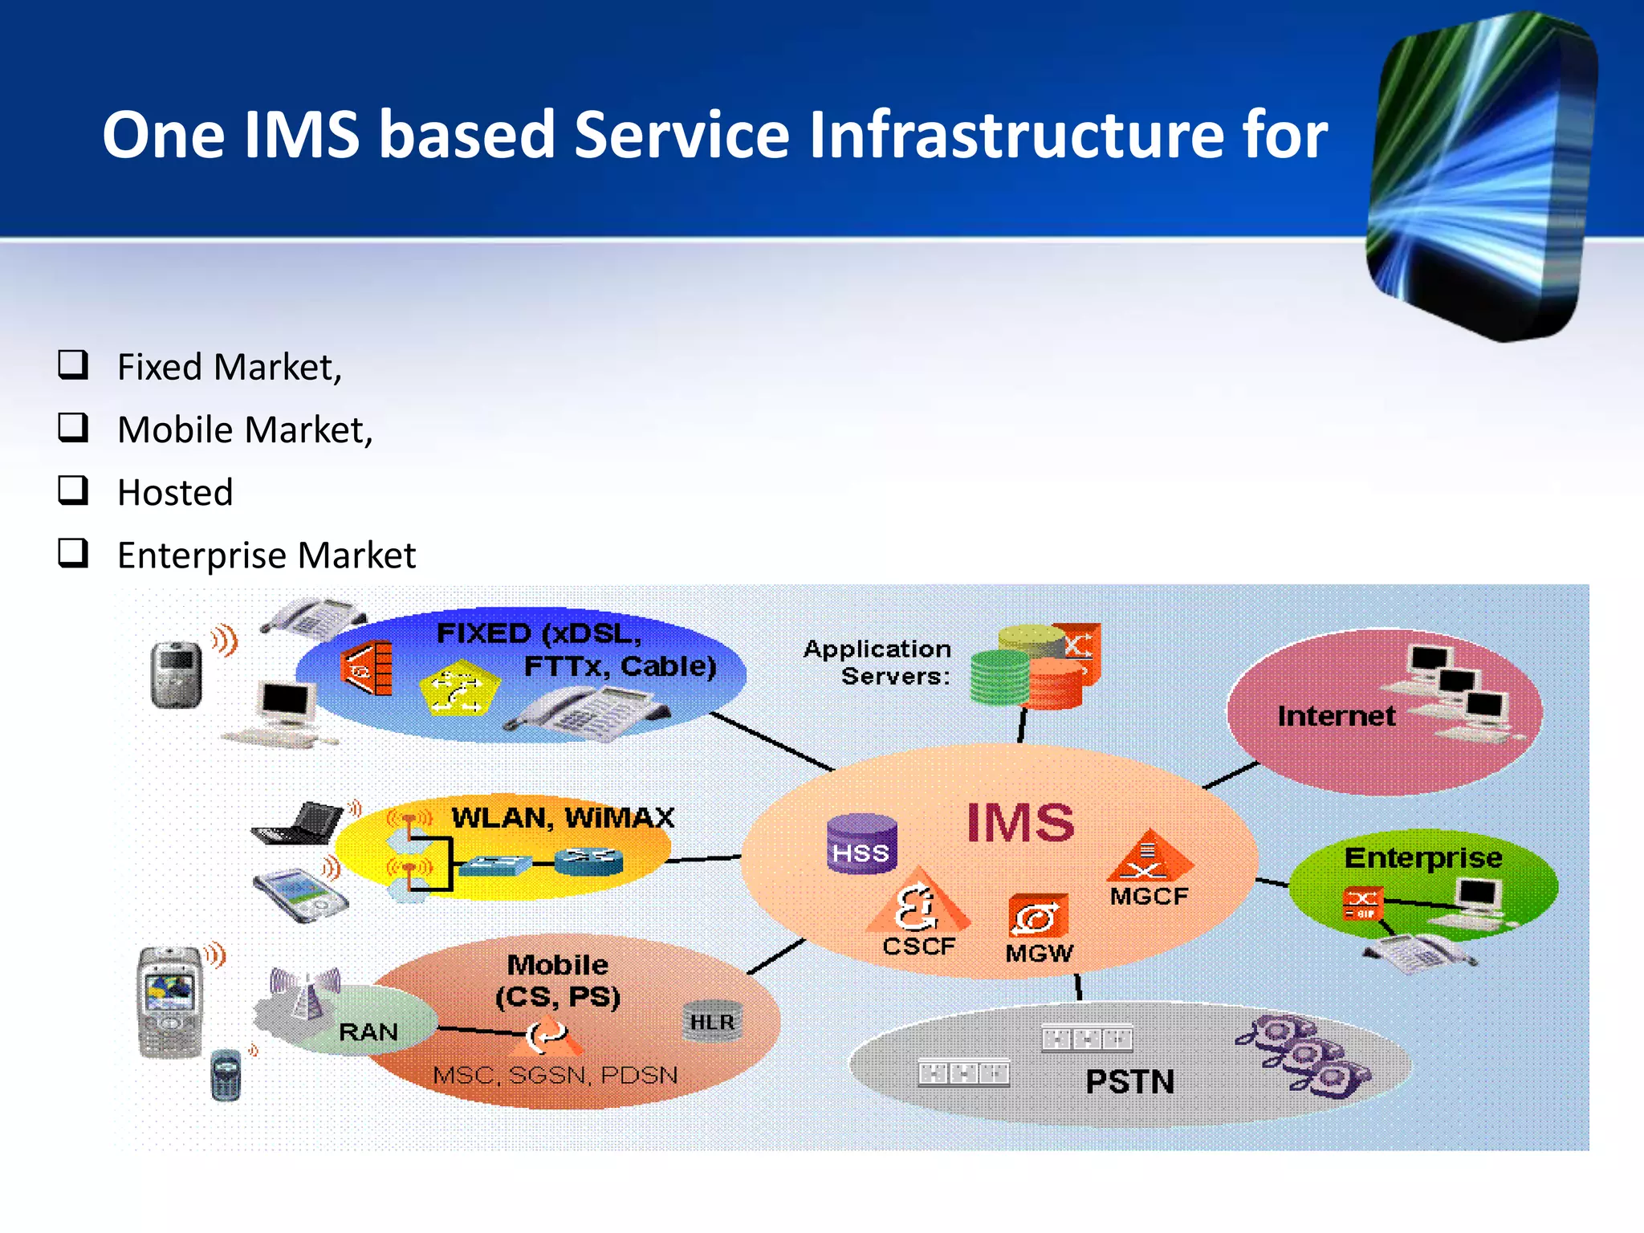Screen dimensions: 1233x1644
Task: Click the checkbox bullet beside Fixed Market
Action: click(x=73, y=364)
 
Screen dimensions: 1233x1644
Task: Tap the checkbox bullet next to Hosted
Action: click(x=73, y=490)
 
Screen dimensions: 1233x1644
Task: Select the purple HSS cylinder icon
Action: click(x=861, y=843)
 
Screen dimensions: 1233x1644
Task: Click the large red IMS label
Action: click(x=1019, y=823)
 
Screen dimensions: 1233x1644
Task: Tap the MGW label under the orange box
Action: click(x=1039, y=954)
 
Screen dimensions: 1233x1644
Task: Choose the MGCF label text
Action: click(x=1149, y=897)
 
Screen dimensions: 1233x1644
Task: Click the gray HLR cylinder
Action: click(x=712, y=1021)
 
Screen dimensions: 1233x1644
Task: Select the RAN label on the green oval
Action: click(x=368, y=1032)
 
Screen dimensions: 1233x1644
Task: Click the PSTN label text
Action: click(x=1129, y=1082)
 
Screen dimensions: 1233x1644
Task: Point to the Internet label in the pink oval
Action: click(x=1336, y=716)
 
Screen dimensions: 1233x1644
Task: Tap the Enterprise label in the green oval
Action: click(x=1422, y=858)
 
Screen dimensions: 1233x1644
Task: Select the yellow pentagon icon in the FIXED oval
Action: click(x=459, y=689)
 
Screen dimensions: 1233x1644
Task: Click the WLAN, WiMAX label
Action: click(x=562, y=818)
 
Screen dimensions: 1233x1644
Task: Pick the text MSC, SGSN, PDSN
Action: click(x=555, y=1075)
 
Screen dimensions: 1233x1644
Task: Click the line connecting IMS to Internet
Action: click(x=1231, y=775)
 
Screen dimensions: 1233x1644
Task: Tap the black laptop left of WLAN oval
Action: click(x=298, y=824)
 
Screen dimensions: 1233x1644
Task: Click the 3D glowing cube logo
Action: click(x=1481, y=177)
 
